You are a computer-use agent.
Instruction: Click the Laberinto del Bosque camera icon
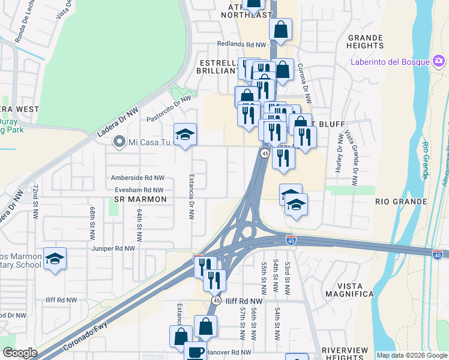[x=439, y=61]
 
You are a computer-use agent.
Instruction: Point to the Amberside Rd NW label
[x=137, y=178]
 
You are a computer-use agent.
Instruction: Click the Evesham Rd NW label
[x=139, y=190]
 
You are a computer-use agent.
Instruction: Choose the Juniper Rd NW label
[x=113, y=248]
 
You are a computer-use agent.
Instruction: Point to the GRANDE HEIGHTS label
[x=365, y=41]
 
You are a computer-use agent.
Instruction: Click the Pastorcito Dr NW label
[x=169, y=109]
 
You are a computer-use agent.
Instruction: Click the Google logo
[x=20, y=353]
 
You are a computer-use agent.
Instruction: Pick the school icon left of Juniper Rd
[x=55, y=259]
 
